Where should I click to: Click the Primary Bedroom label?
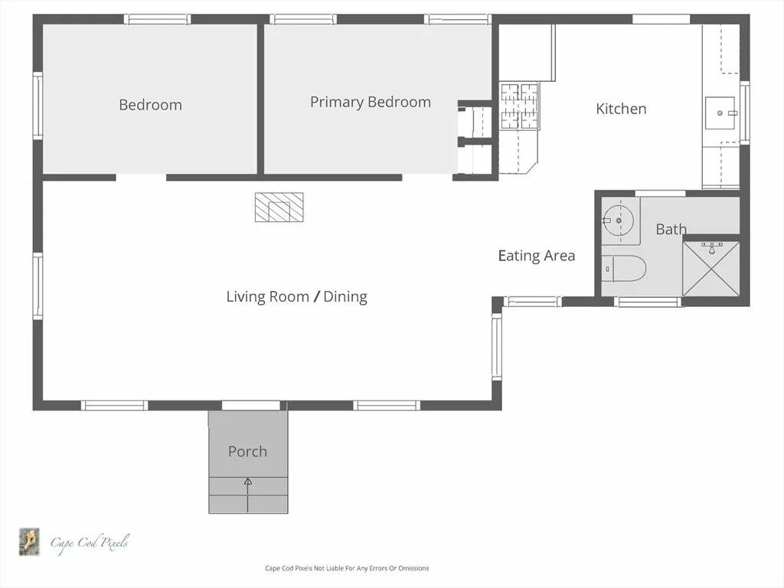click(x=371, y=102)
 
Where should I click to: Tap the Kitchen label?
click(x=621, y=109)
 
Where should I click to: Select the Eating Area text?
click(x=537, y=256)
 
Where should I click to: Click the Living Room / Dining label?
click(x=297, y=296)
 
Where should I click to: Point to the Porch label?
click(x=247, y=452)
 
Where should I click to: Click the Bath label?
click(x=671, y=229)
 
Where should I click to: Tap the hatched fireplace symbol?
click(x=279, y=207)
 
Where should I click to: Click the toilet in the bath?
click(x=623, y=269)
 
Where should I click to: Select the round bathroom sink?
click(x=619, y=220)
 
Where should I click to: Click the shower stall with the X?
click(x=711, y=269)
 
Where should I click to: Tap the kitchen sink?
click(x=720, y=113)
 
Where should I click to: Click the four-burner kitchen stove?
click(x=520, y=106)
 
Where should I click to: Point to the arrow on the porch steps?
click(x=248, y=495)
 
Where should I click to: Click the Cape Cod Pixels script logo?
click(x=90, y=543)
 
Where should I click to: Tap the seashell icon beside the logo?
click(x=30, y=541)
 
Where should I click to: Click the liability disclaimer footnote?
click(x=347, y=568)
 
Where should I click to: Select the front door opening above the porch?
click(x=251, y=405)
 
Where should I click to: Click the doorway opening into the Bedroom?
click(x=141, y=178)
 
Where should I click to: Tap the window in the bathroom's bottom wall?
click(x=648, y=302)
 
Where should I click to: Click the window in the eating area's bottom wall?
click(x=533, y=302)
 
